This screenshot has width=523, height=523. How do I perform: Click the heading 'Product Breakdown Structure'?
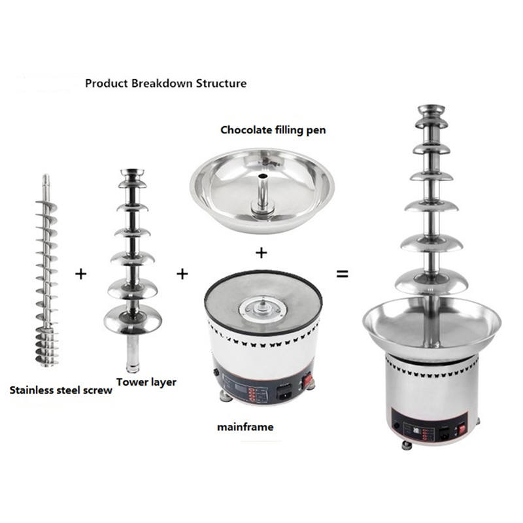click(166, 84)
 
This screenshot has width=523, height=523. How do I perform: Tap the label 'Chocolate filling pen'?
click(273, 129)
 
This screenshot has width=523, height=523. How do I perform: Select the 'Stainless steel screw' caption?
click(61, 390)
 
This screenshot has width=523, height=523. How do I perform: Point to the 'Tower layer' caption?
click(146, 382)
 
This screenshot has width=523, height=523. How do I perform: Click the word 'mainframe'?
click(245, 427)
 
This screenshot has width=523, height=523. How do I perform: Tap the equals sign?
click(342, 274)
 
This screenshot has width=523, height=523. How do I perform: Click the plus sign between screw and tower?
click(80, 274)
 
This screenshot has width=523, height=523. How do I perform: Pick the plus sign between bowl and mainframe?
click(261, 253)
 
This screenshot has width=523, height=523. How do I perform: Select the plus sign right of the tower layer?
click(182, 274)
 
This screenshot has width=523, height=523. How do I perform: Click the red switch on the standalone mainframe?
click(307, 380)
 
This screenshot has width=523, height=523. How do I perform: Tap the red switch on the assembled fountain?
click(462, 428)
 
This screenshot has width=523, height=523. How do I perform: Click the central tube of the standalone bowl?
click(263, 194)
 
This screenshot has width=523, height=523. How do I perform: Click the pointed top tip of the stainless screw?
click(46, 175)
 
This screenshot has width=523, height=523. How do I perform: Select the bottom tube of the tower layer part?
click(133, 354)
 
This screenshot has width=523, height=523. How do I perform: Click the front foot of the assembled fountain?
click(407, 446)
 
